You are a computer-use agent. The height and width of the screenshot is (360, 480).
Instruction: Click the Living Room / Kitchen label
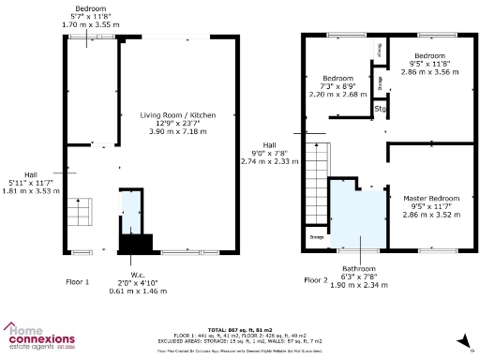point(178,114)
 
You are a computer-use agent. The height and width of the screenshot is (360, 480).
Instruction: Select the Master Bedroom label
point(431,199)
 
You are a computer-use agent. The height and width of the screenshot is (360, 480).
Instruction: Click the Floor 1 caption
point(78,280)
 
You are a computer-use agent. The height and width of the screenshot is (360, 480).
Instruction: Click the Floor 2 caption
point(316,280)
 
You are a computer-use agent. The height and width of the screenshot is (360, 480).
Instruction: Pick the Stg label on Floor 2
point(381,110)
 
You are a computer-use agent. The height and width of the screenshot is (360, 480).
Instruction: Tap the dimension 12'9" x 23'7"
point(178,123)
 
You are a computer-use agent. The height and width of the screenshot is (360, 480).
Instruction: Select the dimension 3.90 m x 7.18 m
point(178,132)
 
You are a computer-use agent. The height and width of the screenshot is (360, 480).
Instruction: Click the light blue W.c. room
point(128,212)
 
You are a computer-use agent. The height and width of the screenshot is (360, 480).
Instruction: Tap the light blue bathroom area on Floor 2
point(357,216)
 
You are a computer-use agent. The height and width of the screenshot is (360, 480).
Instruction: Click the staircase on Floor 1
point(82,213)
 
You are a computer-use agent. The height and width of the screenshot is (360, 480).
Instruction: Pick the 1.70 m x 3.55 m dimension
point(90,25)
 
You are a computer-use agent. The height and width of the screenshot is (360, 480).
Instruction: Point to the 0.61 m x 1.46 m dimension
point(143,291)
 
